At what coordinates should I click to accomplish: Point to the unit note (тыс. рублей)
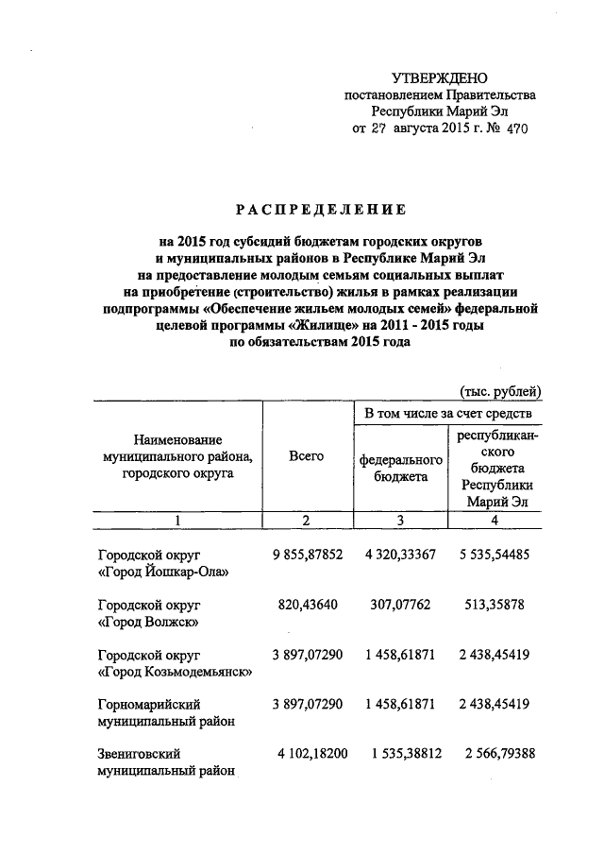point(501,390)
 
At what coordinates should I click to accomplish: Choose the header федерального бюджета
point(400,468)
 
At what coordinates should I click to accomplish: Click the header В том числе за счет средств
point(447,413)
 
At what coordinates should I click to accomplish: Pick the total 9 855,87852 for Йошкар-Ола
point(307,555)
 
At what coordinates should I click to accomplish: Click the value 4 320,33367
point(400,555)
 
